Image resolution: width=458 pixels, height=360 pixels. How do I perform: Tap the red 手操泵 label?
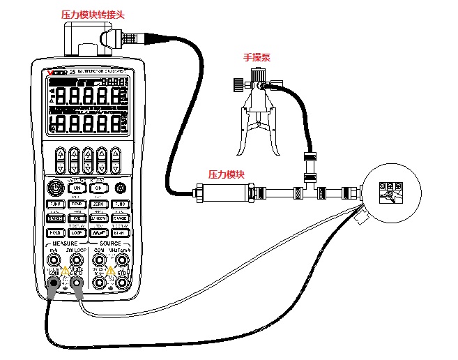point(257,59)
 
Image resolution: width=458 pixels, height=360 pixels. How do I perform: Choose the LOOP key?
point(77,232)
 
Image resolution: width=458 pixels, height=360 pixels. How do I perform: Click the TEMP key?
point(77,203)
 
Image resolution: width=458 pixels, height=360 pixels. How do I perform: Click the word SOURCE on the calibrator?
point(110,243)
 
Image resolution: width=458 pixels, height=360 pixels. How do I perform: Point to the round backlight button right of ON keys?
point(121,188)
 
